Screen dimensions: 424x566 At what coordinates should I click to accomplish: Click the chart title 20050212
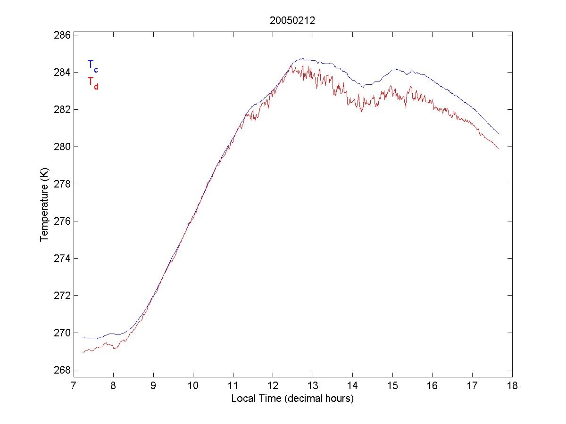coord(292,21)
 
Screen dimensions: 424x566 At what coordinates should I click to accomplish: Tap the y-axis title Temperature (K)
coord(44,202)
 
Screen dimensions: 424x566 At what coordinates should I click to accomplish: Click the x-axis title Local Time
coord(292,399)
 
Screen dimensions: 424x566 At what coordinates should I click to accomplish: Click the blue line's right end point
coord(498,133)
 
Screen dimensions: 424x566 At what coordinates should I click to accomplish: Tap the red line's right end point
coord(498,148)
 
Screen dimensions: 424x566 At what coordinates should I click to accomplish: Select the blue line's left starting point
coord(83,337)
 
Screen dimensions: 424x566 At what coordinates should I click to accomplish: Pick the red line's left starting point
coord(83,352)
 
